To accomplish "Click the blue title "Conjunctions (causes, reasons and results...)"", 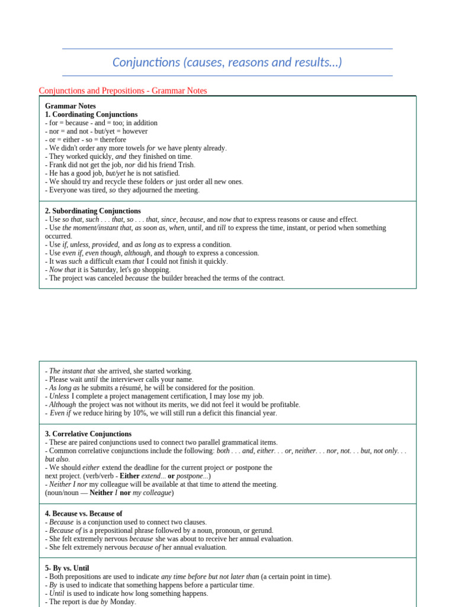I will click(x=227, y=62).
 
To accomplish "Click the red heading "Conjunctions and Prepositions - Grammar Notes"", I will click(x=123, y=91).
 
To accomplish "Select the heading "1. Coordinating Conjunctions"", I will click(x=91, y=114).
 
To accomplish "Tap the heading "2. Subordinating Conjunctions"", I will click(x=93, y=211).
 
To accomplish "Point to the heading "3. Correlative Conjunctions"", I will click(x=88, y=434).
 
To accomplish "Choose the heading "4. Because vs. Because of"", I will click(x=84, y=513).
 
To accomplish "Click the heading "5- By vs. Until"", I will click(x=67, y=568).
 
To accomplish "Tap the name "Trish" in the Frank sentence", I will click(x=185, y=165).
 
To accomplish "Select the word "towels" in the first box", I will click(x=133, y=148).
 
